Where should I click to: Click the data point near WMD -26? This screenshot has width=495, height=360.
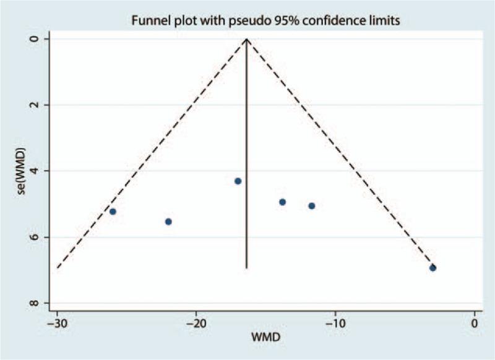coord(113,212)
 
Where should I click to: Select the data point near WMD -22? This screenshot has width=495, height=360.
coord(168,221)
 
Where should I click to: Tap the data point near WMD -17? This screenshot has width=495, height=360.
coord(238,181)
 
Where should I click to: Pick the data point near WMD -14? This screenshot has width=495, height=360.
coord(282,202)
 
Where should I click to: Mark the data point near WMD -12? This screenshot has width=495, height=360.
coord(312,205)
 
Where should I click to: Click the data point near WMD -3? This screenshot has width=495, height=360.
coord(433,268)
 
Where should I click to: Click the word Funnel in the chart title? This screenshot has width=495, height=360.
coord(148,21)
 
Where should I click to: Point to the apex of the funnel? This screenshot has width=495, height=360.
coord(247,39)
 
